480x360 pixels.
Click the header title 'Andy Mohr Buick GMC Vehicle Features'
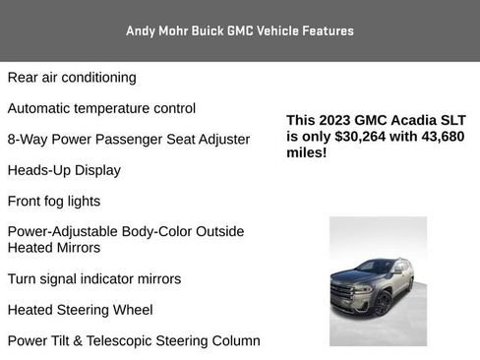(x=240, y=30)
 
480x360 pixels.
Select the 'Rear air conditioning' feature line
(x=72, y=77)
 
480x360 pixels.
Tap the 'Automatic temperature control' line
(x=101, y=108)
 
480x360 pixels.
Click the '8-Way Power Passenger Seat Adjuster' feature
(x=129, y=139)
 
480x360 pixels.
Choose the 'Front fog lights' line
(x=54, y=201)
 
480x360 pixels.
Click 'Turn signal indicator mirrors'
(x=94, y=278)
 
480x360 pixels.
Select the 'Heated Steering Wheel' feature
(x=80, y=310)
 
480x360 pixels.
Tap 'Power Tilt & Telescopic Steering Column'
(x=134, y=341)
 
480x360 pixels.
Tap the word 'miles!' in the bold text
(x=307, y=153)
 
